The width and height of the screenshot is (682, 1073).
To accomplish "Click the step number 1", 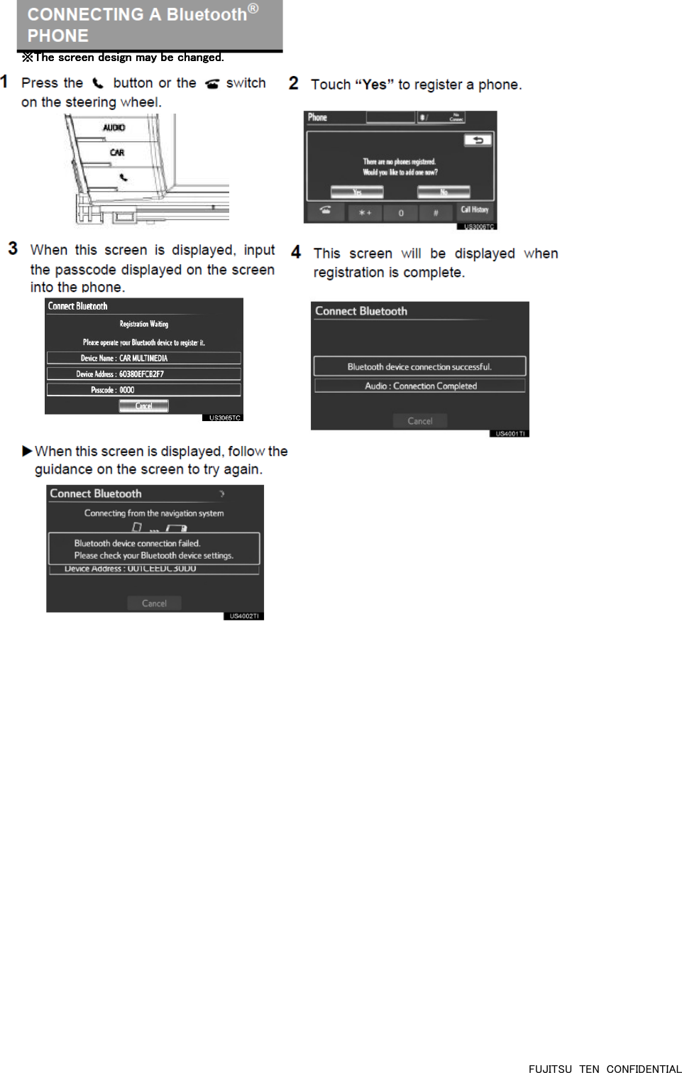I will coord(4,82).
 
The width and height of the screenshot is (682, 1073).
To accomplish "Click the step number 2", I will coord(294,83).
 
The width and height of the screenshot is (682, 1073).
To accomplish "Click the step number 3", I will coord(13,249).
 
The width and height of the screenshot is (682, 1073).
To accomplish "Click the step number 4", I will coord(296,252).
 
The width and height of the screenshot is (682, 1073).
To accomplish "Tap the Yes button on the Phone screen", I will coord(357,192).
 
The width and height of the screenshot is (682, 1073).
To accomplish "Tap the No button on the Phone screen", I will coord(444,192).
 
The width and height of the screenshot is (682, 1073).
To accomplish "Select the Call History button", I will coord(475,210).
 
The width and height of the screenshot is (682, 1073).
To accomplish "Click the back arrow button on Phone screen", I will coord(478,140).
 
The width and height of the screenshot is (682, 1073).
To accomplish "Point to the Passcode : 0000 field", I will coord(143,390).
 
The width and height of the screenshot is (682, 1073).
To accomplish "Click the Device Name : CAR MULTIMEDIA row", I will coord(143,359).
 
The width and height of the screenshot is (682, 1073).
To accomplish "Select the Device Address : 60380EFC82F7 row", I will coord(143,374).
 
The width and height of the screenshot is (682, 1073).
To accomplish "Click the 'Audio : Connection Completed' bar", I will coord(420,386).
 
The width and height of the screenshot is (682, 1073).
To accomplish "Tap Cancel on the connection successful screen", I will coord(420,421).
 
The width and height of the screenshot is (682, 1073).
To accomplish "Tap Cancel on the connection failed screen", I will coord(154,604).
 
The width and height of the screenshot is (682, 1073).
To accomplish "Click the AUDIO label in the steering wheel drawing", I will coord(114,128).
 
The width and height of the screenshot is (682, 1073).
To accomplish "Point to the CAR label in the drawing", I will coord(117,153).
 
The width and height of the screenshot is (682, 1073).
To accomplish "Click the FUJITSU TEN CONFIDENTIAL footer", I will coord(605,1068).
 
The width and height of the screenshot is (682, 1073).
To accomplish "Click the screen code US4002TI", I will coord(244,616).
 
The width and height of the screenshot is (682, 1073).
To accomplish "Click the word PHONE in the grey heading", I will coord(58,36).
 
